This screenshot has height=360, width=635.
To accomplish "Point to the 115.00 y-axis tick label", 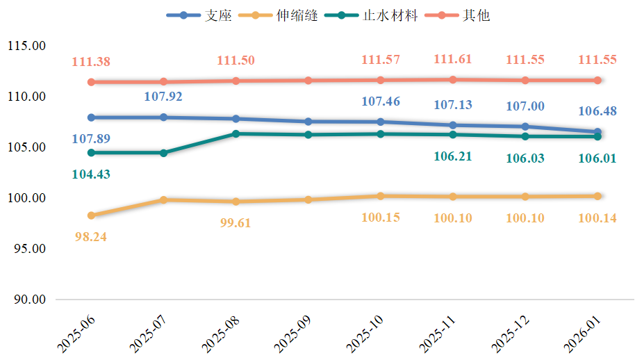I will (x=26, y=46).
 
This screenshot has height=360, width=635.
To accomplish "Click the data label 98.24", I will (x=90, y=236).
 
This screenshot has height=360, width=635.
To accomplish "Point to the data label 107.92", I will (x=163, y=96).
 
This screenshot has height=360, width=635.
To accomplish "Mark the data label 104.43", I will (x=90, y=174).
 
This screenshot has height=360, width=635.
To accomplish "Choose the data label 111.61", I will (x=452, y=59).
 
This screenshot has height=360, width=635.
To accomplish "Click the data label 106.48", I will (x=597, y=111).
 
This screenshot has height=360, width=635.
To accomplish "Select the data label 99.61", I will (x=235, y=223).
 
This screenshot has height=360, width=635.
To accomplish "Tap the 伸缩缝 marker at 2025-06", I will (x=91, y=215).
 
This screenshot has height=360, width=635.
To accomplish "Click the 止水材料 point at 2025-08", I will (x=236, y=133).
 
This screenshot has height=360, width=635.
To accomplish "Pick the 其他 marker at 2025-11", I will (x=453, y=79).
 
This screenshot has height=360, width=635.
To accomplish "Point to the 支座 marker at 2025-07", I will (x=163, y=117).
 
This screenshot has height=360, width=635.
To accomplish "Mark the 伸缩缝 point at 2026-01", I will (x=597, y=196).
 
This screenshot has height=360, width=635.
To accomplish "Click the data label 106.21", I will (x=452, y=156).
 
